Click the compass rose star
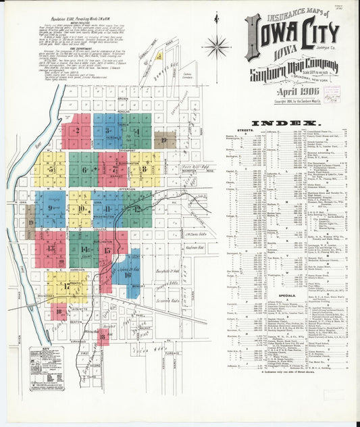pyautogui.click(x=215, y=47)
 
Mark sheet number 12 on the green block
pyautogui.click(x=136, y=209)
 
